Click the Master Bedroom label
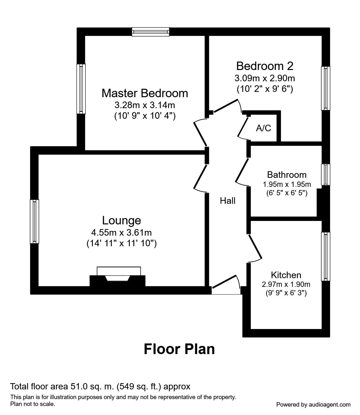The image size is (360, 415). click(x=145, y=93)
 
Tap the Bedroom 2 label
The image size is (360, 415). click(x=265, y=66)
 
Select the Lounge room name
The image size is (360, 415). click(x=122, y=220)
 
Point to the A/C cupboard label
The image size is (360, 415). click(x=263, y=128)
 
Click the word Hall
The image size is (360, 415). click(x=227, y=201)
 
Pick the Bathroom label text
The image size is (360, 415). click(x=286, y=175)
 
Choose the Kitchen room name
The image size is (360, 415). click(x=286, y=275)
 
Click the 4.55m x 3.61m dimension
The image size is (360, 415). click(x=121, y=233)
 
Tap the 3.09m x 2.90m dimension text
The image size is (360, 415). click(x=265, y=78)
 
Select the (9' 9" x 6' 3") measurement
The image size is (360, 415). click(x=286, y=293)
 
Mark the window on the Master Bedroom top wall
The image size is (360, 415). click(x=150, y=32)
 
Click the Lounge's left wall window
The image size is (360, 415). click(x=34, y=222)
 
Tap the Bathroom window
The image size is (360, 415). click(x=325, y=174)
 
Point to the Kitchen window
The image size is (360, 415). click(x=325, y=257)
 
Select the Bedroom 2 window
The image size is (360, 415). click(x=325, y=88)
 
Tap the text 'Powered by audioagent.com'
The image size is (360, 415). click(x=313, y=405)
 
